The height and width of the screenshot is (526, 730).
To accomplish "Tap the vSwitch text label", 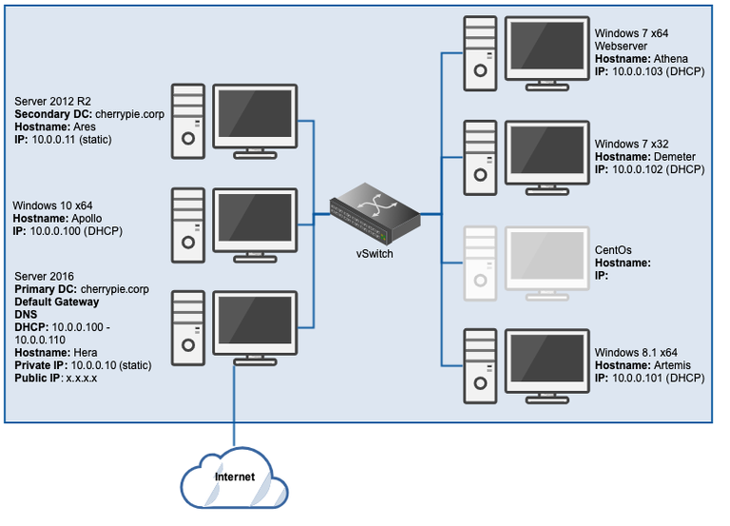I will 375,255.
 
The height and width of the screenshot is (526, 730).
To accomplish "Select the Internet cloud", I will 233,476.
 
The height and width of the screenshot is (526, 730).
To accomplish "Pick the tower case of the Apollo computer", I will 187,224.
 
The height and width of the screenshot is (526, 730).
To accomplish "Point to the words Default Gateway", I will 57,302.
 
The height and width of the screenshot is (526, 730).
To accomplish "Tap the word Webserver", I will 624,46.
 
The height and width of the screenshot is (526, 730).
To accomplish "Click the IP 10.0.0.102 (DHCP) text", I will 649,169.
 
